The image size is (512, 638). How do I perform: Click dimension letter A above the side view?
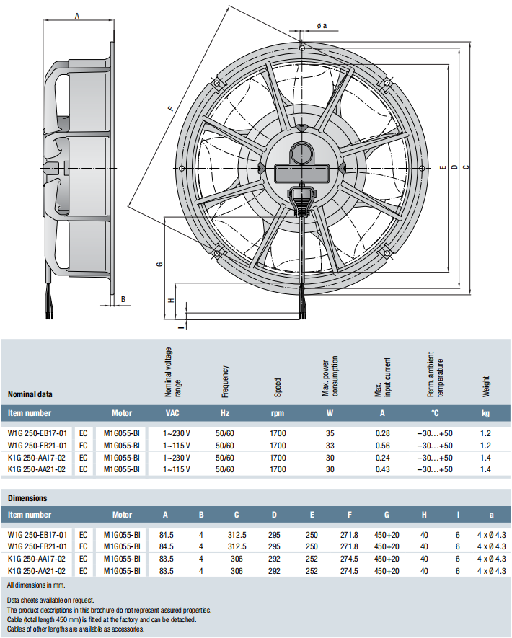[77, 14]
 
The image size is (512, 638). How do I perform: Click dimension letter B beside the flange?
[123, 299]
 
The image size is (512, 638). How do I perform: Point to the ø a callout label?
[322, 26]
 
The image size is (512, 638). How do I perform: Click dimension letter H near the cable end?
[171, 300]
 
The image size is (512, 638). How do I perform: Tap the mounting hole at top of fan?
[302, 48]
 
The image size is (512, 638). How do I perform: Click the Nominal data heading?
[30, 394]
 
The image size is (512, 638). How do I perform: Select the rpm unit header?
[278, 414]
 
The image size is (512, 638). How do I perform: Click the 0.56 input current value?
[382, 446]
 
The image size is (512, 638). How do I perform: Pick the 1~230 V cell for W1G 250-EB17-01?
[177, 433]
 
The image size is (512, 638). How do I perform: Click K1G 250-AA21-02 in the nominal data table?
[37, 469]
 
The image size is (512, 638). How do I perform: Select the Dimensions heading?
[27, 498]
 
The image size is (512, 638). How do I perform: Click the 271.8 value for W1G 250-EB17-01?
[349, 534]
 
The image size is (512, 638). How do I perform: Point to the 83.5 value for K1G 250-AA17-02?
[165, 559]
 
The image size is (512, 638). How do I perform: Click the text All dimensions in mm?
[36, 584]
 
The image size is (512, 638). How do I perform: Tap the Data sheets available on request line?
[50, 600]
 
